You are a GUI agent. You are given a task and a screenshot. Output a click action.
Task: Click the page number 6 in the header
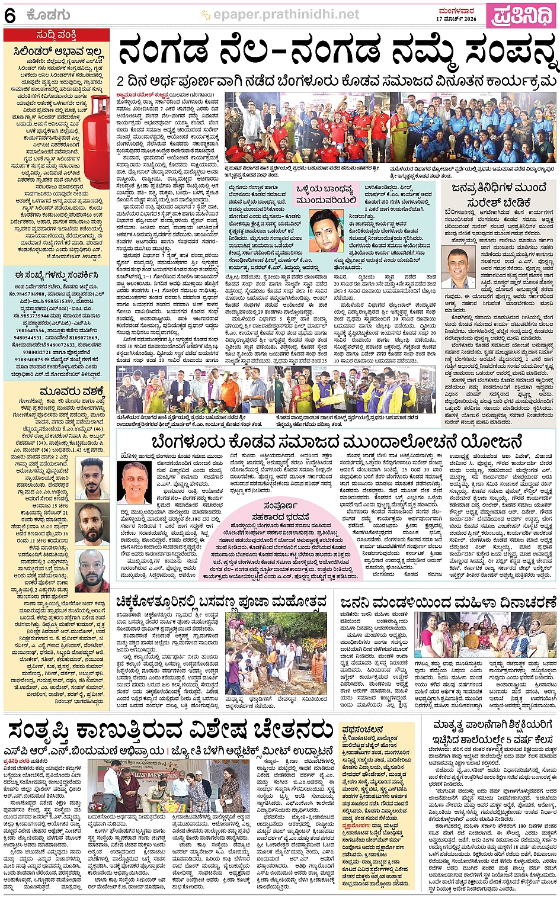coord(9,15)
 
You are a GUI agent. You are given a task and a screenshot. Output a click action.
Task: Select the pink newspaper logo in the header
coord(520,15)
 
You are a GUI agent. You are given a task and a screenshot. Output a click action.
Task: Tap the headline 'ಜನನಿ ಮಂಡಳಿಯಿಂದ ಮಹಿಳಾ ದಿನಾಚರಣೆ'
coord(448,602)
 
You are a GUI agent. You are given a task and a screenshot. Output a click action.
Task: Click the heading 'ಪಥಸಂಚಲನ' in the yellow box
coord(362,729)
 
